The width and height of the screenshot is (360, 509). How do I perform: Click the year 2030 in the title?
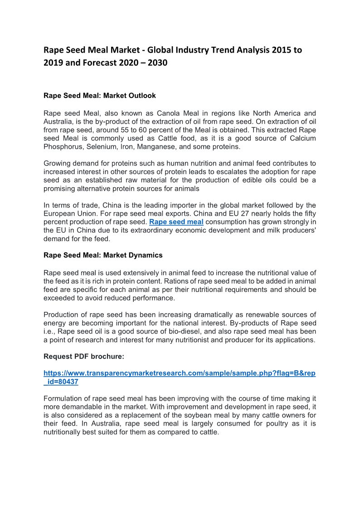156,63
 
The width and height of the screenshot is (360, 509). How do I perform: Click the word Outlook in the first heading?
141,96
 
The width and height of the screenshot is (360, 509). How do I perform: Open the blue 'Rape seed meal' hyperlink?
176,222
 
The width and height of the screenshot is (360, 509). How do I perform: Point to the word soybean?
191,415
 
